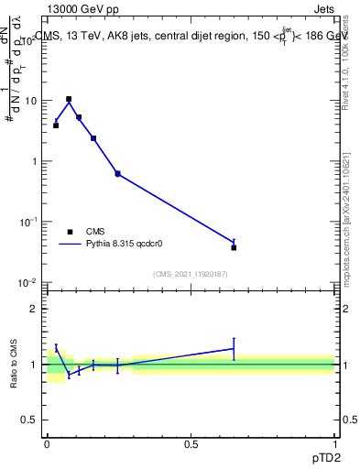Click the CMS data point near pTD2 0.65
(x=234, y=247)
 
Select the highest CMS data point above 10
(x=69, y=99)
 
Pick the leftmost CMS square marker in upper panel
(x=56, y=125)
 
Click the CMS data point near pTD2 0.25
(x=117, y=173)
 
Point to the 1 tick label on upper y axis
(x=35, y=161)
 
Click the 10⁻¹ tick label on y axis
(x=29, y=222)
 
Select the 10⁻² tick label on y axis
(x=29, y=282)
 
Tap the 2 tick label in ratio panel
(x=36, y=309)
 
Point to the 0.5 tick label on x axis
(x=191, y=443)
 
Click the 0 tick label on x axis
(x=46, y=443)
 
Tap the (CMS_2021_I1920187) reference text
(x=191, y=274)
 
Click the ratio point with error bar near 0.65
(x=234, y=348)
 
